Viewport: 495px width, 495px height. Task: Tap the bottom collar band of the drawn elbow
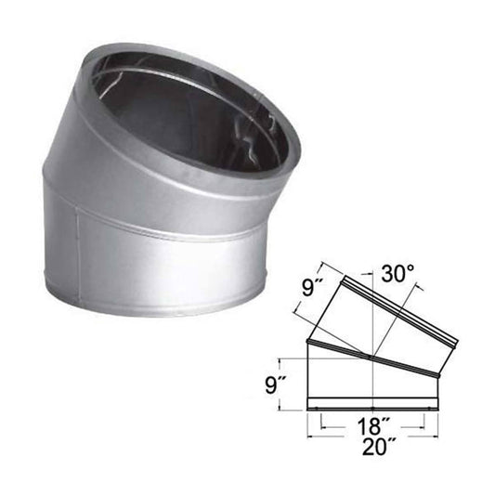click(x=371, y=406)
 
